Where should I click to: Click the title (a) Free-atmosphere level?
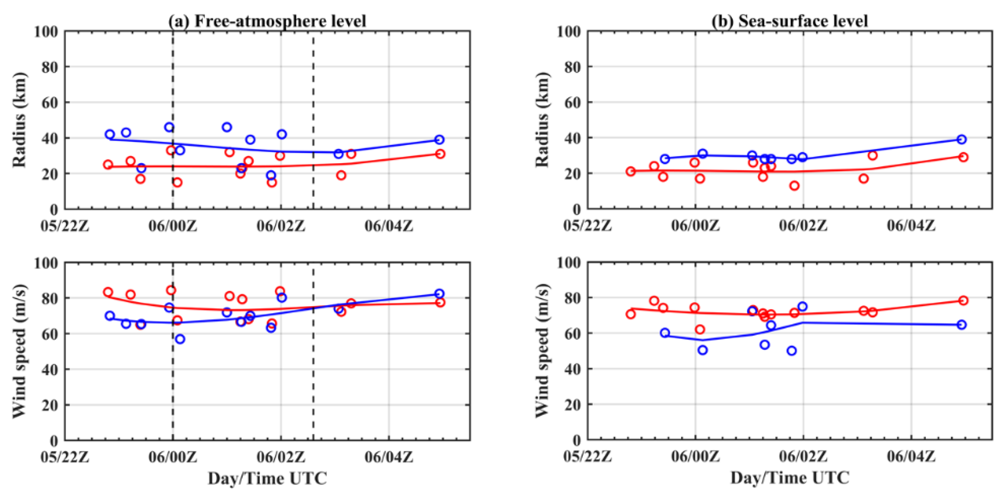(267, 21)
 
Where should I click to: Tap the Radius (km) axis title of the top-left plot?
(19, 120)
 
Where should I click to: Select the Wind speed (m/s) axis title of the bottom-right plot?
(542, 351)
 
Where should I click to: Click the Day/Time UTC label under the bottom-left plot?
(267, 478)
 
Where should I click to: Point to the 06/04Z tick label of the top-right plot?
(911, 226)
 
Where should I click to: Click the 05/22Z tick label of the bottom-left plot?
(65, 457)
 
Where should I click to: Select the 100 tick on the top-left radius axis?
(46, 31)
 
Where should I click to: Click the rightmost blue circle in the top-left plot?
(439, 139)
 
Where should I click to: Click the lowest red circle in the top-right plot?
(794, 186)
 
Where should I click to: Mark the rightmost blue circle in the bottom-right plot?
(962, 324)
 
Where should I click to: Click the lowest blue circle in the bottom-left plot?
(180, 339)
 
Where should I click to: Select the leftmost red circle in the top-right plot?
(630, 171)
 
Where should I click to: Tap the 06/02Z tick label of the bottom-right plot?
(803, 457)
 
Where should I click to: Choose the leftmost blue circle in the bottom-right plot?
(665, 333)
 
